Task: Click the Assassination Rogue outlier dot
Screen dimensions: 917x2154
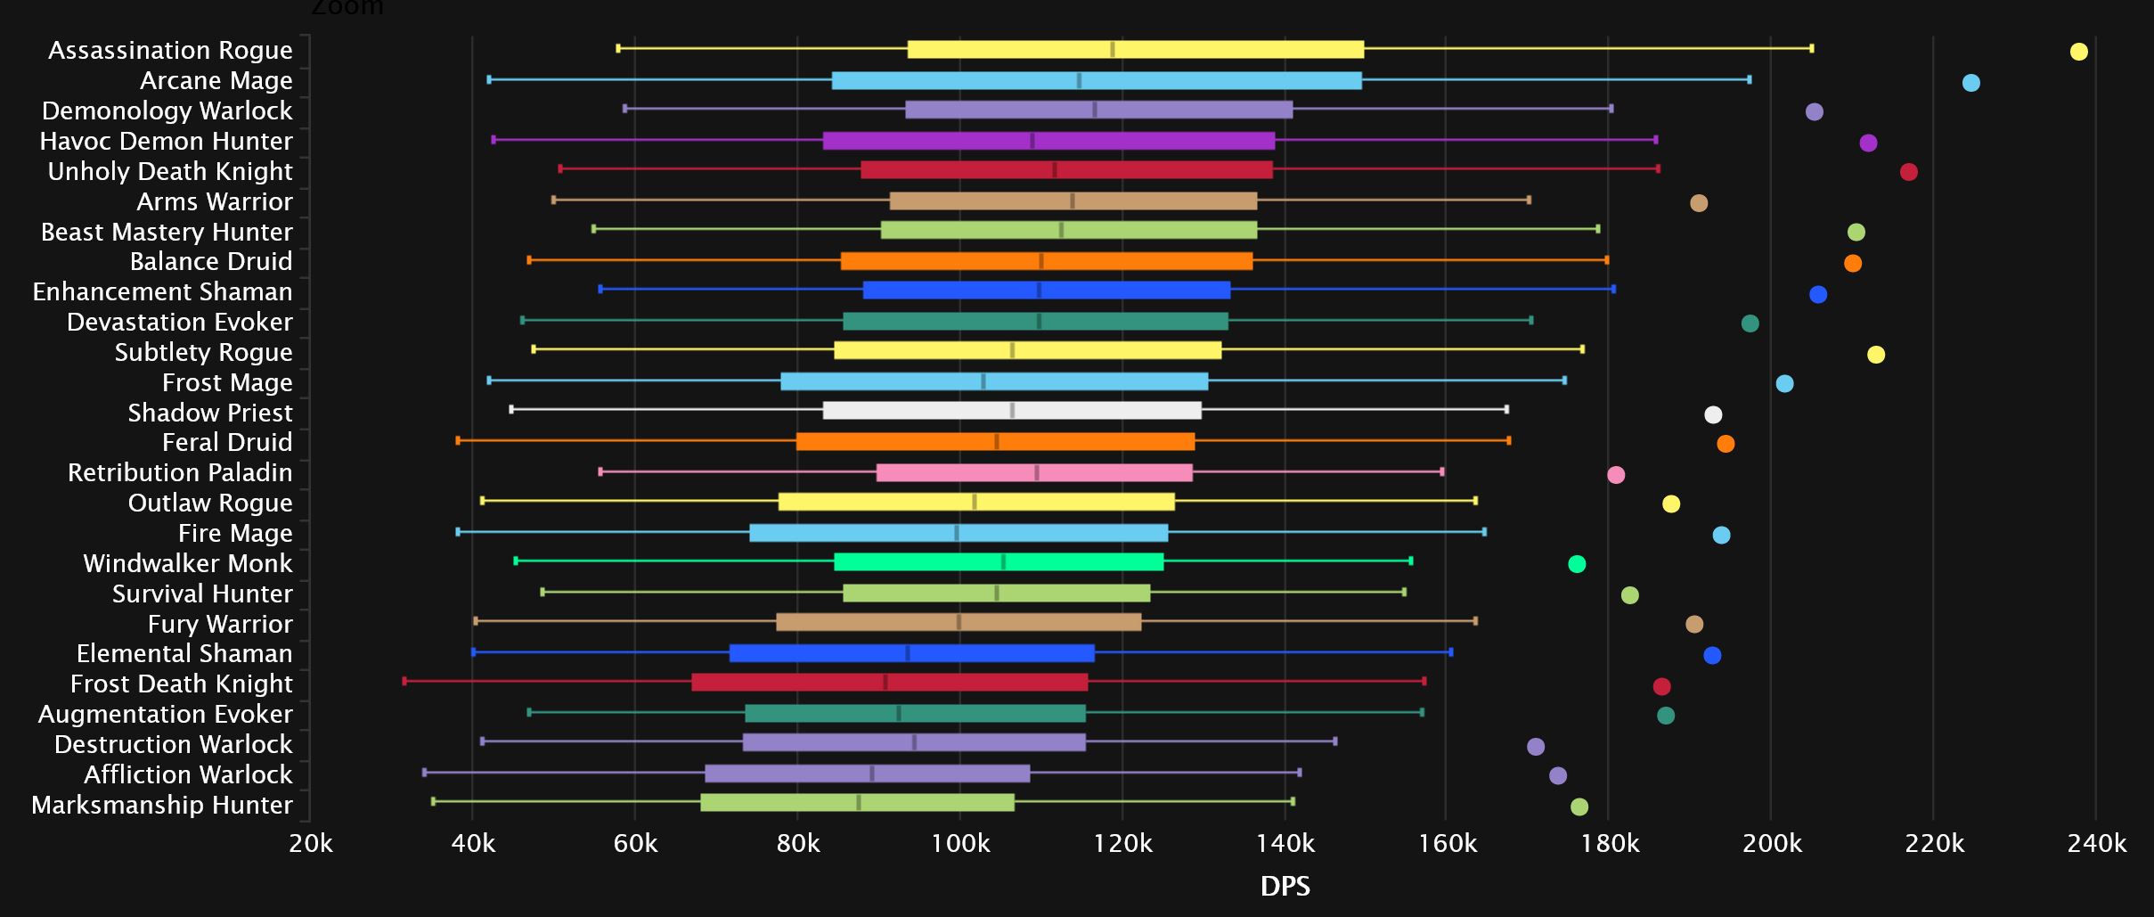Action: coord(2078,52)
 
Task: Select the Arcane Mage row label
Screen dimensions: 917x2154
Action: coord(216,81)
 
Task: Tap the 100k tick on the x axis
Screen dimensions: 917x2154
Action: coord(959,843)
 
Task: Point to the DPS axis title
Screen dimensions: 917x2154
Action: coord(1285,887)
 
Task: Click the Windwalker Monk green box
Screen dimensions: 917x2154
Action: coord(998,562)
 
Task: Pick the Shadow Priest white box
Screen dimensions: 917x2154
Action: coord(1012,411)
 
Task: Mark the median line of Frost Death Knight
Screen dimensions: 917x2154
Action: coord(885,683)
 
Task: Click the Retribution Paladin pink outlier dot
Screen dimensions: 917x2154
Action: coord(1616,475)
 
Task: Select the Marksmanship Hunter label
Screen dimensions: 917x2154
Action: coord(161,806)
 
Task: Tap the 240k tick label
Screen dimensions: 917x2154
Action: coord(2096,843)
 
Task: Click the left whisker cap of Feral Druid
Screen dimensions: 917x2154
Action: coord(458,441)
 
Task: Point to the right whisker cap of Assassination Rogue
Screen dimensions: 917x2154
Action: coord(1812,49)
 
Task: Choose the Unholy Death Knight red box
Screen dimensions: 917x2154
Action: coord(1066,170)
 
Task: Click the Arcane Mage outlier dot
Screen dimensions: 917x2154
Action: coord(1970,83)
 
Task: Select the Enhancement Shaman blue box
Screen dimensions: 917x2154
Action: coord(1046,291)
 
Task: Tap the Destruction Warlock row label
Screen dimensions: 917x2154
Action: coord(173,745)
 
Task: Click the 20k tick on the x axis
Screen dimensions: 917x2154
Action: coord(310,843)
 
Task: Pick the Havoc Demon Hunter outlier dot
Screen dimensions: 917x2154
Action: coord(1868,143)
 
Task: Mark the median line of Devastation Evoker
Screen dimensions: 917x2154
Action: coord(1039,322)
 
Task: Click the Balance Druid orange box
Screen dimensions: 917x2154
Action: coord(1046,261)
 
